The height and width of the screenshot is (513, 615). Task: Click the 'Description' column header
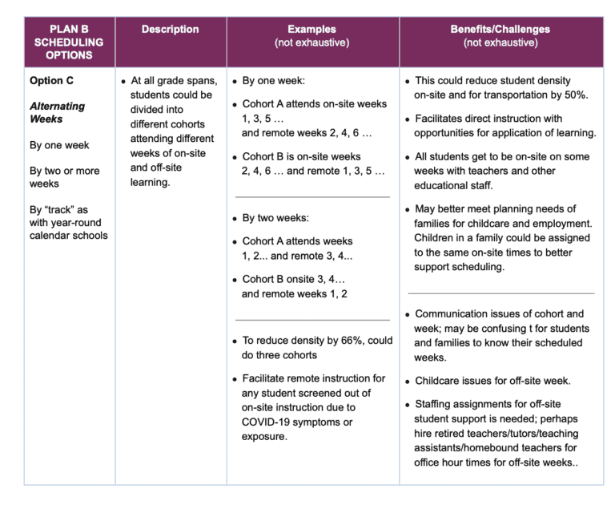pyautogui.click(x=170, y=30)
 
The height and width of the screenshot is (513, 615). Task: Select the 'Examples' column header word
pyautogui.click(x=312, y=30)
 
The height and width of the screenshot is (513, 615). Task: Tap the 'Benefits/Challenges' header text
pyautogui.click(x=500, y=30)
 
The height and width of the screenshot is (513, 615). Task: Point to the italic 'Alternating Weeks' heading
pyautogui.click(x=57, y=113)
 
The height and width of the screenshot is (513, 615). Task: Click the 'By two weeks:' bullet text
pyautogui.click(x=275, y=218)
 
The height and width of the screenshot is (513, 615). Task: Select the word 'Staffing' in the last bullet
pyautogui.click(x=436, y=405)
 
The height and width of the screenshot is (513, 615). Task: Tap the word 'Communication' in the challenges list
pyautogui.click(x=453, y=314)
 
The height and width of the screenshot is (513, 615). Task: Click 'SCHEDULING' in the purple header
pyautogui.click(x=69, y=42)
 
